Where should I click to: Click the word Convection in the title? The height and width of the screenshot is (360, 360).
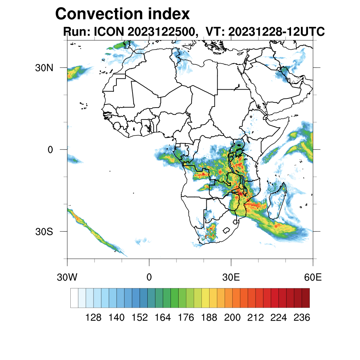pos(98,14)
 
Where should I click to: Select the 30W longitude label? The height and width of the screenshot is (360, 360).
pos(67,277)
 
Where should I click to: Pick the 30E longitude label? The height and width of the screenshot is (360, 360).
pos(231,277)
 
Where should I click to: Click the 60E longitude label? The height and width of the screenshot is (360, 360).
pos(313,277)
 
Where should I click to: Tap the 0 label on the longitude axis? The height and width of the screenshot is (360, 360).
pos(149,277)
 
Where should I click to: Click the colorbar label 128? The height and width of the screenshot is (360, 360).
pos(94,318)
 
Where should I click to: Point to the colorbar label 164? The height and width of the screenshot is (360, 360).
pos(163,318)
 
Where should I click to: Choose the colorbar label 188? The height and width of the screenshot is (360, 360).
pos(209,318)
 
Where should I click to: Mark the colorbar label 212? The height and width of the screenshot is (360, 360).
pos(256,318)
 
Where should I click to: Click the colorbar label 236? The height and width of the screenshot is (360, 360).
pos(302,318)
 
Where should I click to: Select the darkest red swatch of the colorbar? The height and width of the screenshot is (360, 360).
pos(306,298)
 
